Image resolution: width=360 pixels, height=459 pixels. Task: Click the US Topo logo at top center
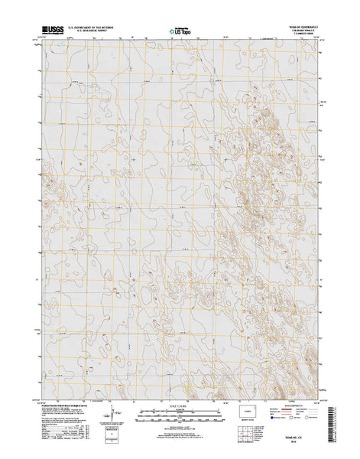coord(180,31)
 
